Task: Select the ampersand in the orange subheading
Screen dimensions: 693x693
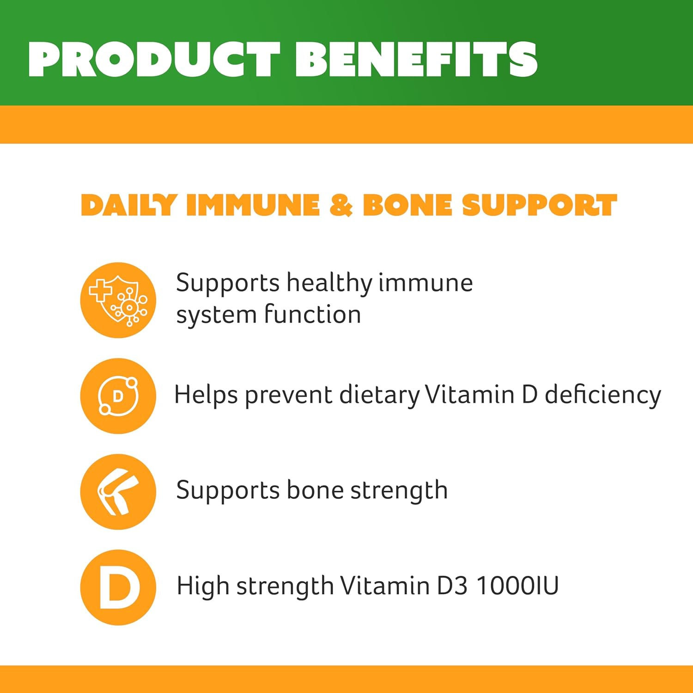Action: point(341,205)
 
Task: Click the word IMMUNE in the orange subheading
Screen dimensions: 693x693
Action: point(253,205)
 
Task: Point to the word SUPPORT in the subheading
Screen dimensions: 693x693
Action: point(539,205)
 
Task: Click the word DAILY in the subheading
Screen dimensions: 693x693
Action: point(129,205)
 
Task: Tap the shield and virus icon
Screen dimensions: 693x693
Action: point(118,300)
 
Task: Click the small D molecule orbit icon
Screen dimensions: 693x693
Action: point(118,396)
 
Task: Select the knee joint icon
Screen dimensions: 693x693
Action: point(118,492)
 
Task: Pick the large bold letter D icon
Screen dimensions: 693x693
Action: point(118,587)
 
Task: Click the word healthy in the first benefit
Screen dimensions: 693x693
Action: point(329,283)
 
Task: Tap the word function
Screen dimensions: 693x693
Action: point(312,315)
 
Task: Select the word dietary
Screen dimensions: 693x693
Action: point(379,395)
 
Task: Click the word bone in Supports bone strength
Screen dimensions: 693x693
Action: point(315,490)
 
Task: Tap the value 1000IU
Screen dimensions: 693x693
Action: point(517,586)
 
